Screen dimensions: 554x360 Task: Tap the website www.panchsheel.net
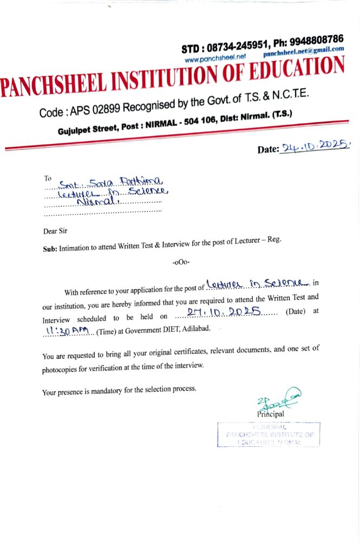tap(215, 57)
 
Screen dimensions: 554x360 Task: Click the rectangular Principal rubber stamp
tap(269, 434)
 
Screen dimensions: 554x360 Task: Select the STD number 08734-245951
tap(227, 48)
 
